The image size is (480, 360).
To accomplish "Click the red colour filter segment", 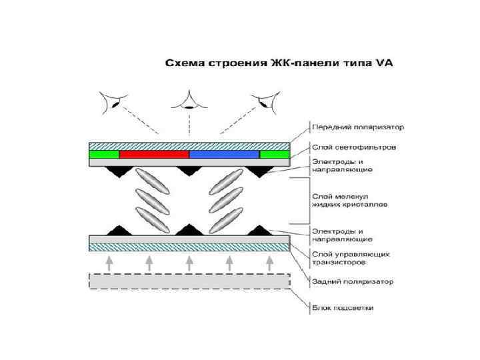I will pos(154,155).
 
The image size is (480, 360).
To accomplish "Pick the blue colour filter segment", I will pos(225,155).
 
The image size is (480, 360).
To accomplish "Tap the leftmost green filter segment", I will pos(104,155).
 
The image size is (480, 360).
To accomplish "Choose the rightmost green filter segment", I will pos(274,155).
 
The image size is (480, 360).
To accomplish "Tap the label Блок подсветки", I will pos(343,308).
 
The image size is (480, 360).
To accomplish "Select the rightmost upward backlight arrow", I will pos(269,263).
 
